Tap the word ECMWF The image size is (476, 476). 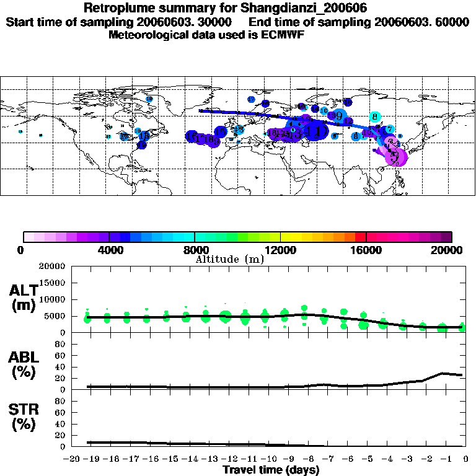point(285,35)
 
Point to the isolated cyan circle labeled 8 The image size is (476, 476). point(375,117)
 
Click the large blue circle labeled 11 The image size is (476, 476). point(316,131)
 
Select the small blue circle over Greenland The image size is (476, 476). point(149,99)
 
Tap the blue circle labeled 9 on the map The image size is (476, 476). point(338,115)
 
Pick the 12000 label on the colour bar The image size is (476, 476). point(281,250)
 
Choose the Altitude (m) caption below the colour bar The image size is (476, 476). point(229,260)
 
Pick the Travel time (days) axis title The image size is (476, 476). point(271,470)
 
